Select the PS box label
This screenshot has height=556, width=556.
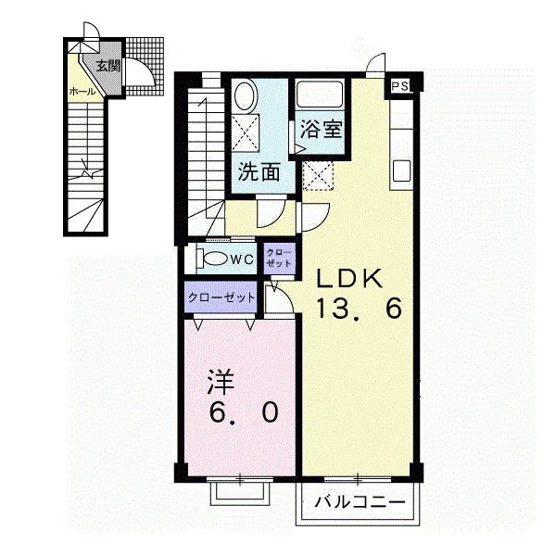click(399, 86)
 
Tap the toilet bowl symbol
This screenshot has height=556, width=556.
click(214, 259)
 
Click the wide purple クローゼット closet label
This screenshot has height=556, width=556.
click(222, 297)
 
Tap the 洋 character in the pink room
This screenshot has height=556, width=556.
click(220, 380)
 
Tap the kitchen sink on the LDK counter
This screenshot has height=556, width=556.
click(401, 171)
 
